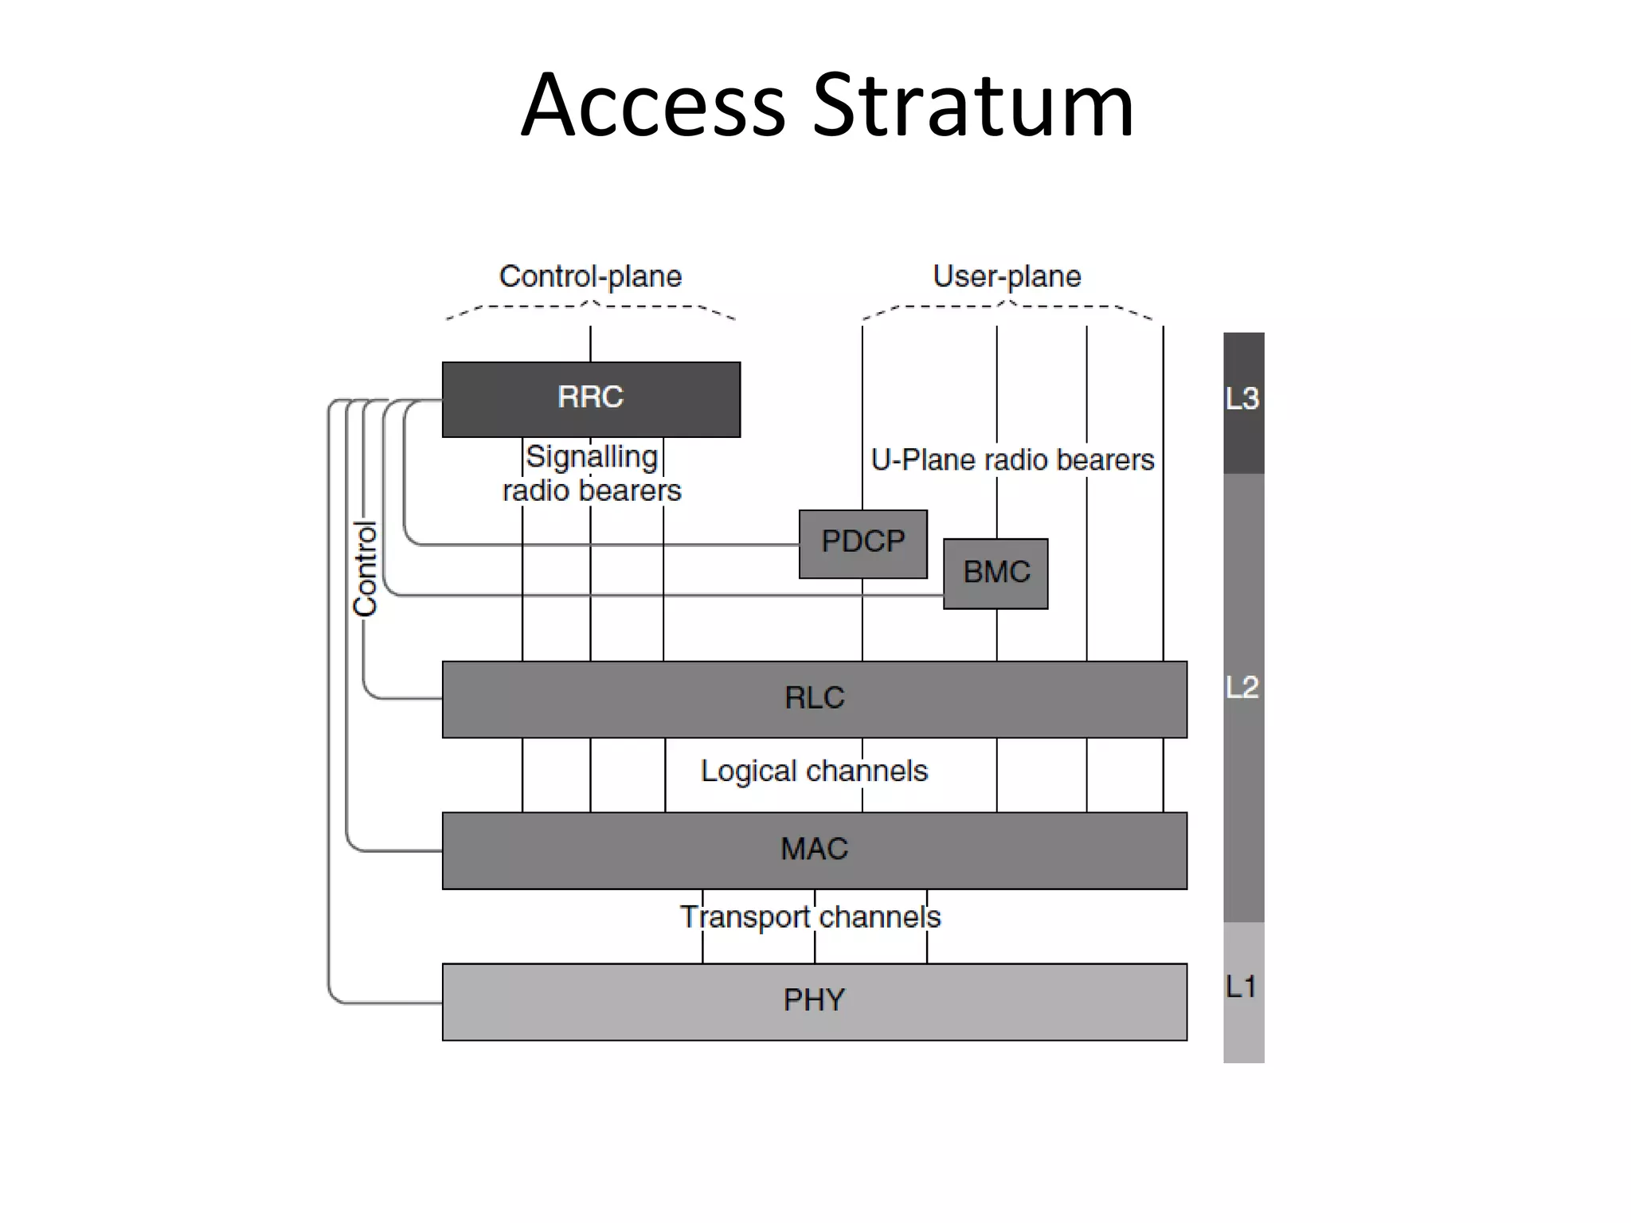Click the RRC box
click(x=591, y=398)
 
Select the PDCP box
click(x=863, y=542)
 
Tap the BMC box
click(x=996, y=572)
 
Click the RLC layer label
click(x=814, y=698)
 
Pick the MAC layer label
click(x=814, y=849)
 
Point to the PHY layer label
click(x=814, y=1000)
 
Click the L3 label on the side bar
click(x=1242, y=398)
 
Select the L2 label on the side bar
click(x=1242, y=687)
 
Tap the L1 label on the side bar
click(x=1242, y=987)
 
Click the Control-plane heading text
click(x=590, y=276)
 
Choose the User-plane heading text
click(x=1007, y=276)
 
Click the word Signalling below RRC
click(x=592, y=456)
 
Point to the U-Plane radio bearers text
click(x=1012, y=459)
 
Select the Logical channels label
click(x=814, y=771)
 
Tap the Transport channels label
click(x=810, y=916)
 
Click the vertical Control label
click(x=365, y=568)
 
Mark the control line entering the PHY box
click(x=398, y=1002)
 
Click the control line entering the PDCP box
click(x=637, y=545)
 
